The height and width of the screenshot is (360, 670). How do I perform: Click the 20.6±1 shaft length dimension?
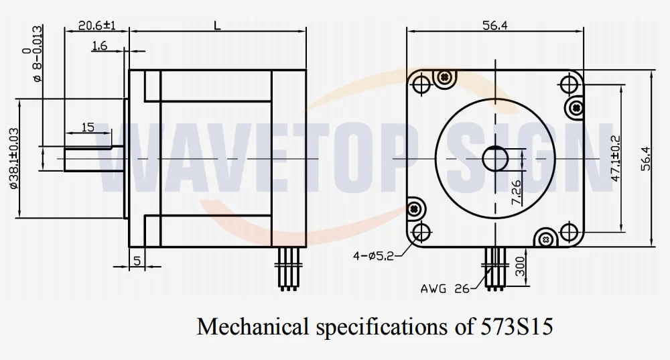coord(97,25)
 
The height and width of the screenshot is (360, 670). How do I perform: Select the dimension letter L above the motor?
coord(218,25)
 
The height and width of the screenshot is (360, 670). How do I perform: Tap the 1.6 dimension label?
coord(100,46)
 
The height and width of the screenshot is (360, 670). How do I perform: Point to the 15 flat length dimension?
coord(88,127)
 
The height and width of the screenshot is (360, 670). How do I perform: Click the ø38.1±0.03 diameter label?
coord(14,159)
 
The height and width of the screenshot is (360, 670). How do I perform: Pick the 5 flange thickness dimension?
coord(137,260)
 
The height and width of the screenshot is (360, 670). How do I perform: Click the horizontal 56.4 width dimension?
coord(495,25)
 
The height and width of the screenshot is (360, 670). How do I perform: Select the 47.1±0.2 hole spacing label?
coord(616,158)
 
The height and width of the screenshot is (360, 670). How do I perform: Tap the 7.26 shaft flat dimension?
coord(516,192)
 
